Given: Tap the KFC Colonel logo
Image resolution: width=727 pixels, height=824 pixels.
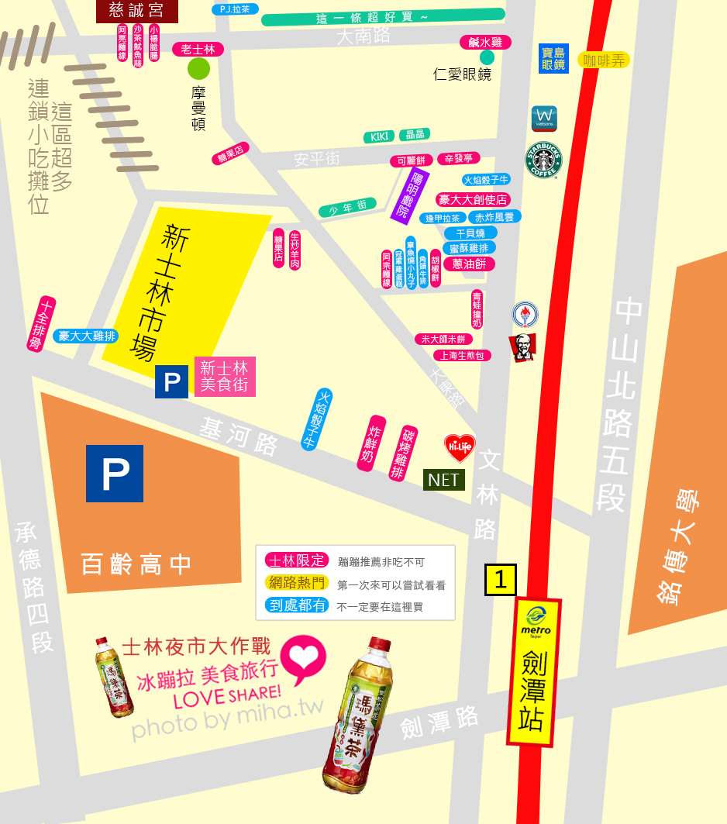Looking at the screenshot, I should (x=522, y=348).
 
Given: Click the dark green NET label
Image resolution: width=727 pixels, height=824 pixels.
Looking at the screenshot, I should (x=443, y=480).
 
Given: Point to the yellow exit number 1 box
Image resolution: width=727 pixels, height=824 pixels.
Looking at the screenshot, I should (x=501, y=580).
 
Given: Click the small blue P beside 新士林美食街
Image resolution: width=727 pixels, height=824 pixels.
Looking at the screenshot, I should (x=171, y=382).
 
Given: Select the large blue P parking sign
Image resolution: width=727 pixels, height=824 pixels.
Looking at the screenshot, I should (x=115, y=473).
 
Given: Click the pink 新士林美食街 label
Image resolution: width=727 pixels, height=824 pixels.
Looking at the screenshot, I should (x=225, y=377).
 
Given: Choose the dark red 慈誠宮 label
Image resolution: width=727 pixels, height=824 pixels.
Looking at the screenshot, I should (x=137, y=11).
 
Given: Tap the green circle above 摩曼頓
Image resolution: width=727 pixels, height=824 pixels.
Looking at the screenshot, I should (x=199, y=69).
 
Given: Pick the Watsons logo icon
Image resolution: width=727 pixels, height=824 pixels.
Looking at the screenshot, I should (x=544, y=119).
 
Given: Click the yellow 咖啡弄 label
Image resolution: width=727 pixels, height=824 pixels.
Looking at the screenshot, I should (x=603, y=60).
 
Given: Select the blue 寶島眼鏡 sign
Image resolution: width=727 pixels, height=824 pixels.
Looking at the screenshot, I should (x=553, y=58).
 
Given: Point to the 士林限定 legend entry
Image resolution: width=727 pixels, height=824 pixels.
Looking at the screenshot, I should (x=297, y=560).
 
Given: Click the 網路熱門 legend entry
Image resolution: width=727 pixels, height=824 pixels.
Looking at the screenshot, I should (x=297, y=583).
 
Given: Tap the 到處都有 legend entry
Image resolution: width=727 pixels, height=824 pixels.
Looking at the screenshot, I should (x=297, y=605).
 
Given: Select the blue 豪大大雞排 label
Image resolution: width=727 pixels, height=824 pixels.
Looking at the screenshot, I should (x=87, y=336).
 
